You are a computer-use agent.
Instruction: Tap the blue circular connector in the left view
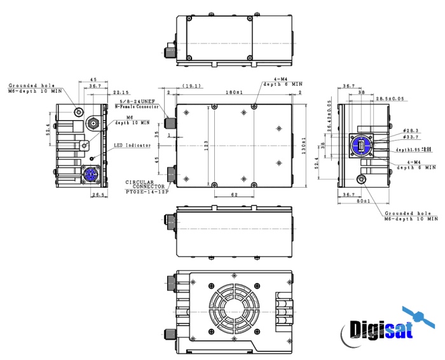(x=87, y=174)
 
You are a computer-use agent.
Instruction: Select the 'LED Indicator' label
(x=132, y=146)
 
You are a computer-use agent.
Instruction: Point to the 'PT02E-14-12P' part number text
(x=147, y=191)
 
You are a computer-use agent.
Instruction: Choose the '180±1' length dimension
(x=234, y=93)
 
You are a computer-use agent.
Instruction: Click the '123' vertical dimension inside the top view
(x=206, y=146)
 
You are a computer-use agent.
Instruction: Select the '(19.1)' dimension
(x=191, y=85)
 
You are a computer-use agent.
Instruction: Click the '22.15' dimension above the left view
(x=120, y=93)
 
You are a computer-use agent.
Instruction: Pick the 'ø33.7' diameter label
(x=412, y=136)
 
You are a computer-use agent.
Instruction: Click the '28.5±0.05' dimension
(x=388, y=99)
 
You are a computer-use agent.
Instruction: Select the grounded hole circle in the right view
(x=364, y=180)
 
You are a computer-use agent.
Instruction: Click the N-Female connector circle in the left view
(x=93, y=123)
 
